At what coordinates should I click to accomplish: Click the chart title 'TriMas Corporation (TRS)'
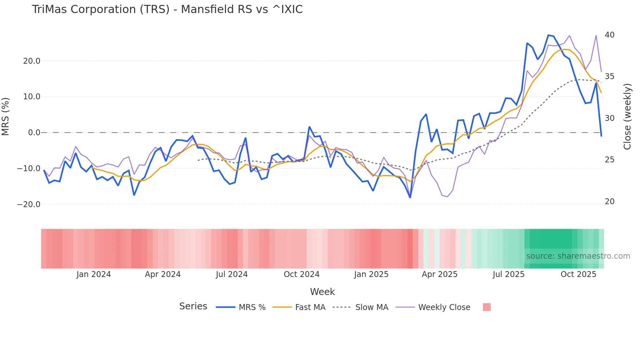pyautogui.click(x=167, y=9)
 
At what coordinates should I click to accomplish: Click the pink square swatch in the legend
pyautogui.click(x=487, y=307)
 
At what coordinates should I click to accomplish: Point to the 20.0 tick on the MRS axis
pyautogui.click(x=32, y=61)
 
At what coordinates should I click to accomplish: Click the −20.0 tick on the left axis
pyautogui.click(x=29, y=205)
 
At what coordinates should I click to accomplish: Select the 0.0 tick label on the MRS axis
pyautogui.click(x=34, y=133)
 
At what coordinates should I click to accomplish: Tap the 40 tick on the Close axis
pyautogui.click(x=610, y=35)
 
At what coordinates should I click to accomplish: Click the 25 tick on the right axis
pyautogui.click(x=610, y=160)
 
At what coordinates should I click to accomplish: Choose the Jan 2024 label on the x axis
pyautogui.click(x=94, y=274)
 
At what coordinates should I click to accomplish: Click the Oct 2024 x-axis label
pyautogui.click(x=301, y=274)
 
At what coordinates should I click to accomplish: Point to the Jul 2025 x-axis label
pyautogui.click(x=508, y=274)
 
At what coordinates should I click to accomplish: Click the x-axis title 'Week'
pyautogui.click(x=322, y=292)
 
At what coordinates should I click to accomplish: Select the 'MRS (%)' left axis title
pyautogui.click(x=6, y=116)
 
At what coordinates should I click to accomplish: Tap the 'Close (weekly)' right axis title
pyautogui.click(x=627, y=116)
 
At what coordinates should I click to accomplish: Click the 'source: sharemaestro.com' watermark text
pyautogui.click(x=578, y=256)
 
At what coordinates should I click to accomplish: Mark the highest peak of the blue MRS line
pyautogui.click(x=549, y=35)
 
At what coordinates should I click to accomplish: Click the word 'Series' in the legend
pyautogui.click(x=193, y=306)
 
